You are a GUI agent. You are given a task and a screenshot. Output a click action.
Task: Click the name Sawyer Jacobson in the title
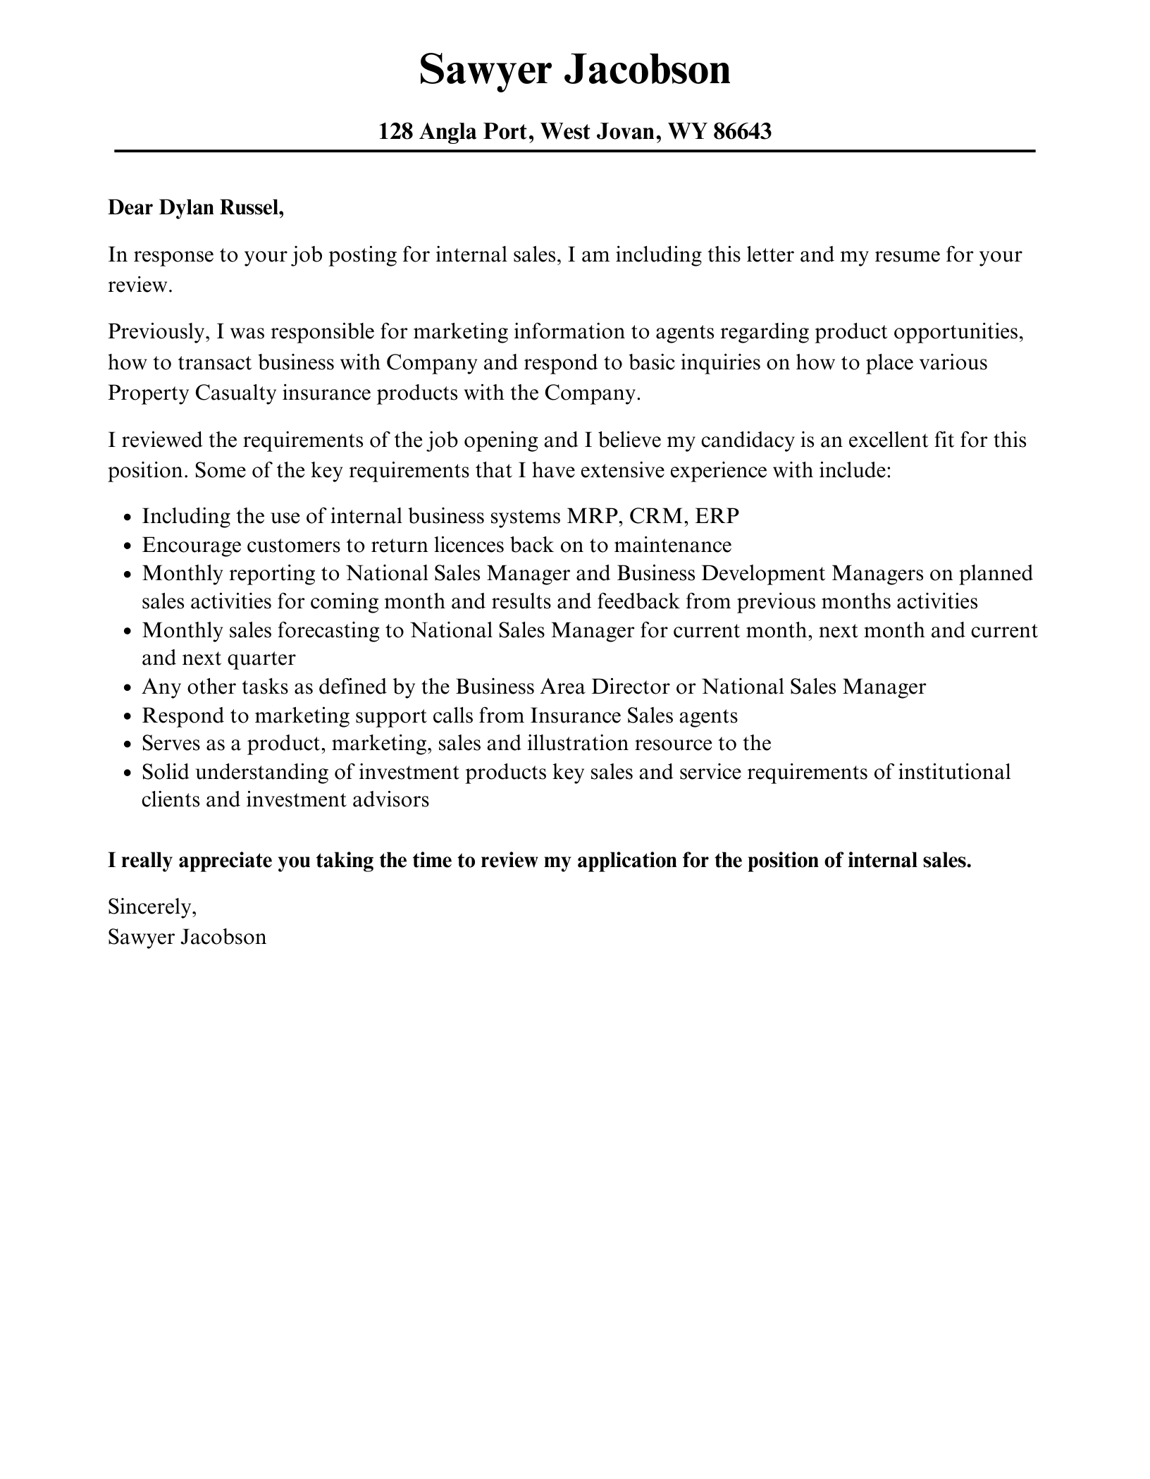click(574, 70)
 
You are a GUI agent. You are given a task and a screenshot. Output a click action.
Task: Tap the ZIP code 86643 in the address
click(743, 131)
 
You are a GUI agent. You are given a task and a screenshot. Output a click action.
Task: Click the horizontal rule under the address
click(574, 151)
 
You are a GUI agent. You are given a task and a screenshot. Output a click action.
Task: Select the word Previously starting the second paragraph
click(156, 331)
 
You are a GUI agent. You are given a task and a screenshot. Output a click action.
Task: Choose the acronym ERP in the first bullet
click(717, 516)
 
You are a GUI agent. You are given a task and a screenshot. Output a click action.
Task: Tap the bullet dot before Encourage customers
click(127, 546)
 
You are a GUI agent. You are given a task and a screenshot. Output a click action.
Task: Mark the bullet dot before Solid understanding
click(127, 773)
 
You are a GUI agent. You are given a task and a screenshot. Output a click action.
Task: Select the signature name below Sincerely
click(187, 937)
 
